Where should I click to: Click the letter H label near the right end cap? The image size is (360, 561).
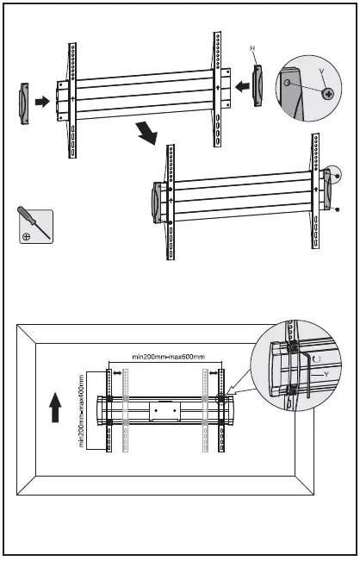point(252,49)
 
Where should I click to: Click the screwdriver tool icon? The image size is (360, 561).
point(34,226)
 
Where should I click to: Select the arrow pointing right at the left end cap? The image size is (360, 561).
point(41,101)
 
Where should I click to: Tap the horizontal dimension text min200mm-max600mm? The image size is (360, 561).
point(169,356)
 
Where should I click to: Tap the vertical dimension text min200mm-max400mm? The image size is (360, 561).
point(80,408)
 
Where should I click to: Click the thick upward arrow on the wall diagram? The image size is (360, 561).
point(54,406)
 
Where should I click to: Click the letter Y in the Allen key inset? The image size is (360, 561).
point(325,374)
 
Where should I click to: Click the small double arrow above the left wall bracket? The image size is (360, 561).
point(117,374)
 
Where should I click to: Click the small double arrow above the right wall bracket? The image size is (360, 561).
point(213,374)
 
